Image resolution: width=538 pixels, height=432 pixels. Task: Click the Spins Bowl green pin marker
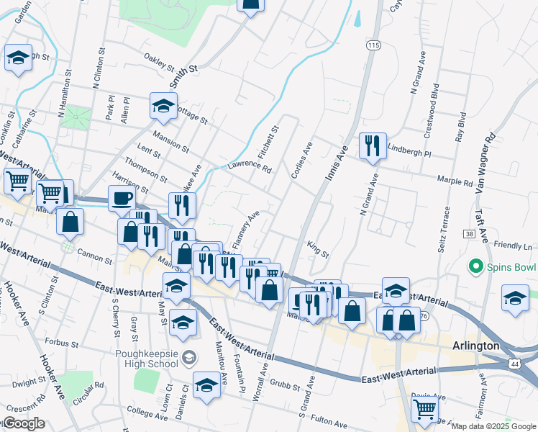tap(475, 267)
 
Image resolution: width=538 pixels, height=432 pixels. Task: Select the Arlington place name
tap(475, 346)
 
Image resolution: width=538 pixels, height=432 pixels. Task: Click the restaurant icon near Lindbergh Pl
tap(372, 146)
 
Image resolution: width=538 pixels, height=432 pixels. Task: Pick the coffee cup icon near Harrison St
tap(122, 198)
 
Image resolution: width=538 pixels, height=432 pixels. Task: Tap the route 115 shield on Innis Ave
tap(372, 45)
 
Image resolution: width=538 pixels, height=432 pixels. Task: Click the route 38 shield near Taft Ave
tap(470, 235)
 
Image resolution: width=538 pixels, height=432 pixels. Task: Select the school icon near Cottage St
tap(163, 107)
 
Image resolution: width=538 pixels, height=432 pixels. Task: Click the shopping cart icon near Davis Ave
tap(424, 409)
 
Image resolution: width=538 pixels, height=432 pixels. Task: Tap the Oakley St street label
tap(159, 62)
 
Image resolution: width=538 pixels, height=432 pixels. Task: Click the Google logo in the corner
tap(23, 423)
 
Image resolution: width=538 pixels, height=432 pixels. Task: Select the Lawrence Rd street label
tap(250, 166)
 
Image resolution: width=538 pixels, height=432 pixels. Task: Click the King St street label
tap(318, 250)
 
